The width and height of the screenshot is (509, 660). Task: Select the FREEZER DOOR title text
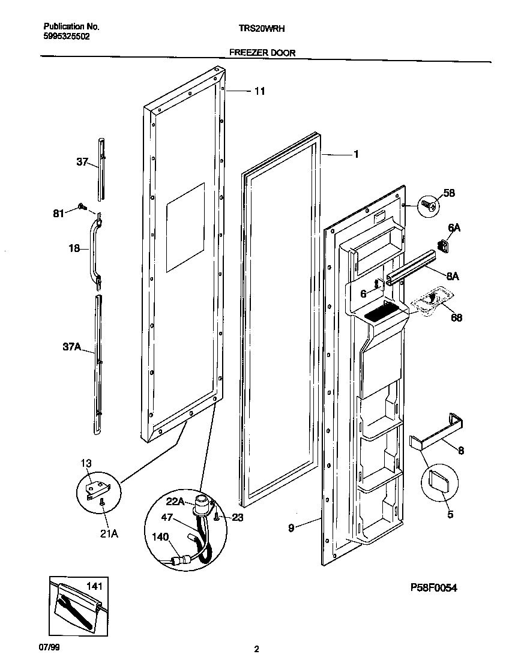click(x=262, y=53)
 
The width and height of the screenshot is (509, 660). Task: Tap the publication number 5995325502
click(x=67, y=36)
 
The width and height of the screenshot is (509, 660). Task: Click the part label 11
click(x=259, y=91)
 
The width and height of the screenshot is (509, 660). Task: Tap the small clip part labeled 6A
click(x=444, y=246)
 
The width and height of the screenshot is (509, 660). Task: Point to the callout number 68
click(x=456, y=317)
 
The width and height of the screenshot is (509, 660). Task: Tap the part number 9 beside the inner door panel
click(x=291, y=529)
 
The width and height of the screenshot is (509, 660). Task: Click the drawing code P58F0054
click(x=433, y=589)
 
